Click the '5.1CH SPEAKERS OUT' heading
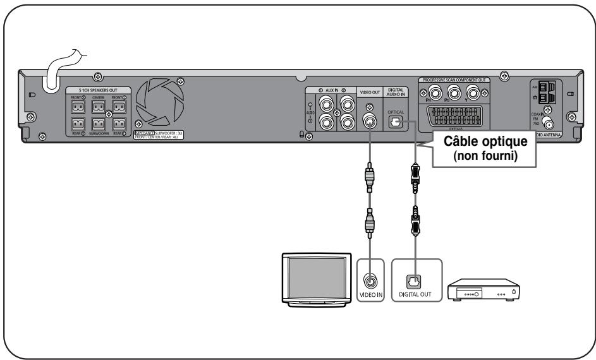coord(98,90)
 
